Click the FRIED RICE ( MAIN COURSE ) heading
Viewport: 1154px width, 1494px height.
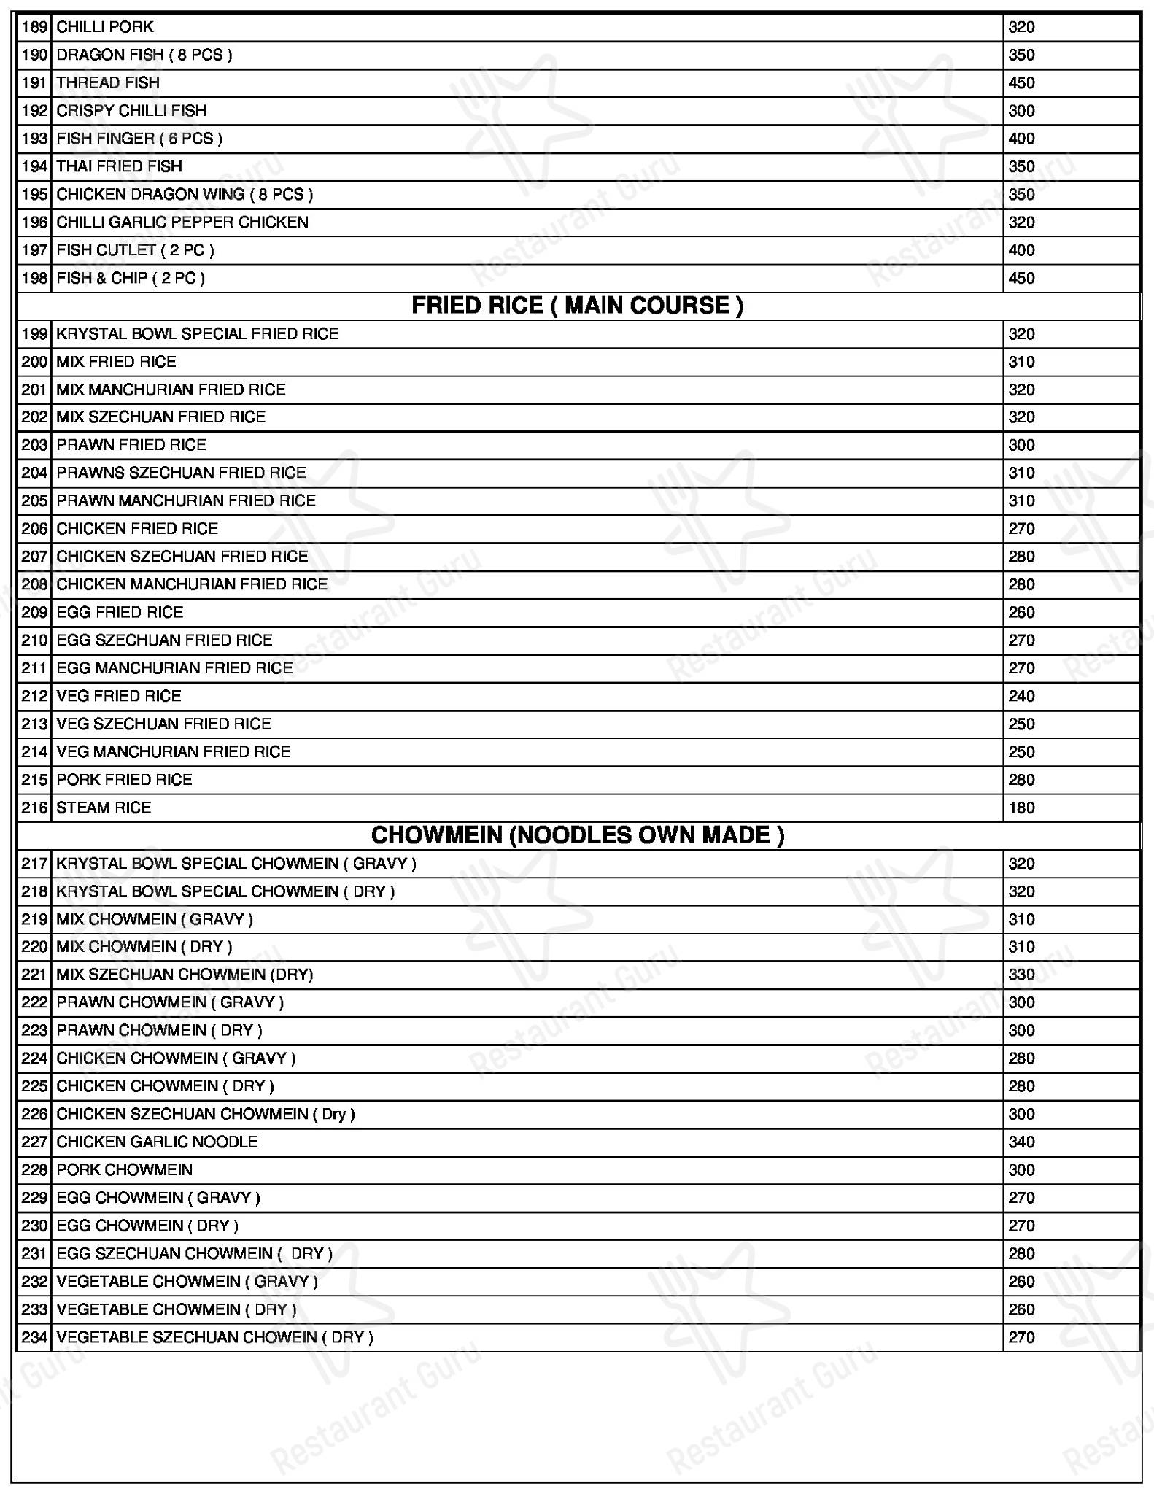(577, 306)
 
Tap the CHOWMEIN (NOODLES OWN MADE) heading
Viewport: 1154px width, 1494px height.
(577, 835)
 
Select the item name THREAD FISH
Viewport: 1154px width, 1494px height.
(108, 83)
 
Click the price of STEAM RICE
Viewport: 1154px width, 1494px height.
(1021, 808)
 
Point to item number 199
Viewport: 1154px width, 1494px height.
(34, 334)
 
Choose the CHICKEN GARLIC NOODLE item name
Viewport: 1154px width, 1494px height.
(157, 1142)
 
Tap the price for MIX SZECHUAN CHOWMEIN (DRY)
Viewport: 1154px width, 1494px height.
(1021, 975)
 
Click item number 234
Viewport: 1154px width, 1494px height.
(34, 1337)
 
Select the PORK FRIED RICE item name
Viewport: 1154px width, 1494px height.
(124, 780)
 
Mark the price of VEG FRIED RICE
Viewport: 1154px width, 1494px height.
(1021, 696)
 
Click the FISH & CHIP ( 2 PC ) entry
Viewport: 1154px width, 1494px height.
(131, 278)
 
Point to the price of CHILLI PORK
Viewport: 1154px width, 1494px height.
(1021, 28)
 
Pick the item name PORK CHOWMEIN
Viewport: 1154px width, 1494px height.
(124, 1170)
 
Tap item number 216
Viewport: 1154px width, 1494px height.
(34, 808)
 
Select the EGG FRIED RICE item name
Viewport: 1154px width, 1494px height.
(120, 612)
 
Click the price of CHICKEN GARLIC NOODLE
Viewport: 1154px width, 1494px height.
(1021, 1142)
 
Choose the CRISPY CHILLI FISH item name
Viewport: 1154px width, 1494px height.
(131, 111)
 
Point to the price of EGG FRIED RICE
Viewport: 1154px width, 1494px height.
(1021, 612)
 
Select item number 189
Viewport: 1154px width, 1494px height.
(34, 28)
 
